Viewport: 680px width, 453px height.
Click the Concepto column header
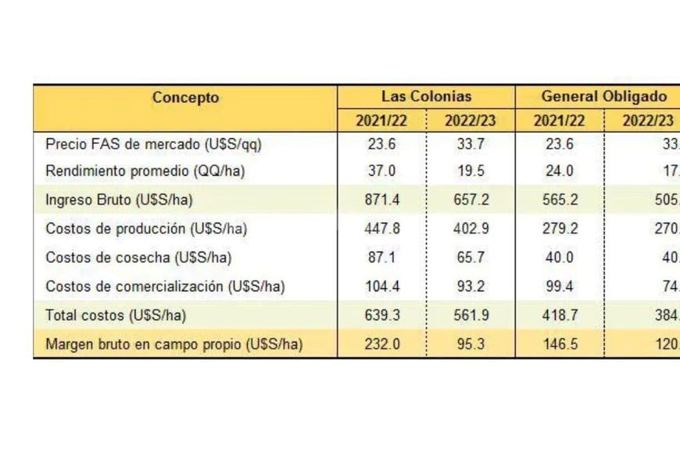[185, 98]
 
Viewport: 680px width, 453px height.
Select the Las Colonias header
[426, 97]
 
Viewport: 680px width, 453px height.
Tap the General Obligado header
[604, 97]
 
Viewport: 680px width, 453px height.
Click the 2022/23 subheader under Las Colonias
[470, 121]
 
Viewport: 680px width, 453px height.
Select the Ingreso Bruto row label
[119, 201]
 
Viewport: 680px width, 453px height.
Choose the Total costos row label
[116, 316]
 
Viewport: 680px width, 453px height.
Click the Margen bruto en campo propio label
[174, 344]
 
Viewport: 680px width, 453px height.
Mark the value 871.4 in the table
[383, 201]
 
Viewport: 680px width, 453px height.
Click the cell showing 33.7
[471, 144]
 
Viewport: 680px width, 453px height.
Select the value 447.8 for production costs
[383, 229]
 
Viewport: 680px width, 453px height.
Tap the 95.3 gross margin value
[471, 344]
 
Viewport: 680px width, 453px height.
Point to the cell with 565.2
[560, 201]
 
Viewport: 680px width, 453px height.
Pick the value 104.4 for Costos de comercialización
[383, 286]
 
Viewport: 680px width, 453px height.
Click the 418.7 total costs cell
[560, 316]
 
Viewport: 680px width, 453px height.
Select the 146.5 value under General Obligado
[560, 344]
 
